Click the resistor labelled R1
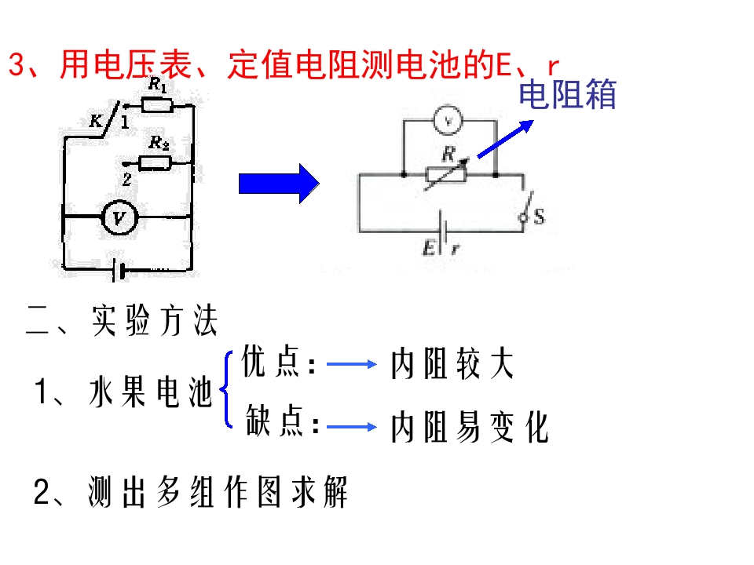coord(157,104)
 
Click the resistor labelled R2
coord(155,163)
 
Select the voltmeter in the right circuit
coord(448,120)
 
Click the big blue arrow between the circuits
coord(279,184)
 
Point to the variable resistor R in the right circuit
coord(446,174)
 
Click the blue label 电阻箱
coord(567,94)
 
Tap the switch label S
coord(539,217)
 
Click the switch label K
coord(96,121)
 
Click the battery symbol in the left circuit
coord(119,271)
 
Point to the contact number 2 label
coord(126,179)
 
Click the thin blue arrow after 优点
coord(352,364)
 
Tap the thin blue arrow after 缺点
coord(352,427)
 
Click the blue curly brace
coord(226,390)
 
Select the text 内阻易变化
coord(470,427)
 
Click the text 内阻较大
coord(452,363)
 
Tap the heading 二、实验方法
coord(123,320)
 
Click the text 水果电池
coord(151,392)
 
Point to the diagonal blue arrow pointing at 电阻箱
coord(505,139)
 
